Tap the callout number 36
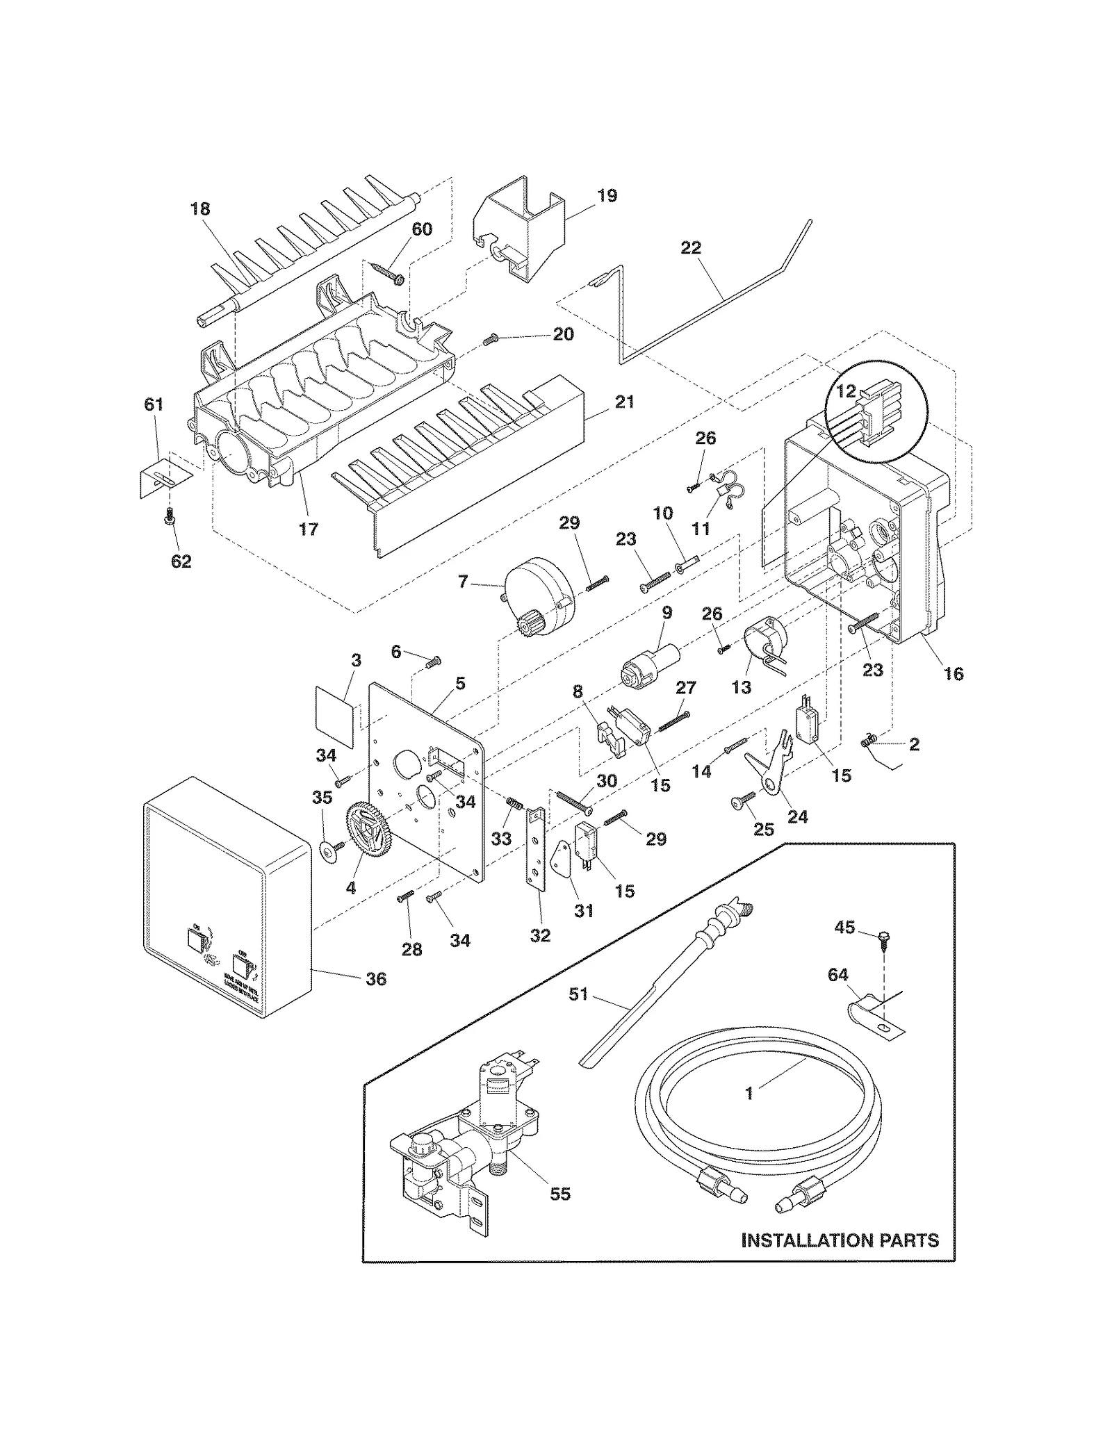point(375,979)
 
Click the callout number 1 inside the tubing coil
point(749,1094)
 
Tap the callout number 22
point(691,248)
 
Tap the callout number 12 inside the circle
point(846,391)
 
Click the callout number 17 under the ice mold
point(308,529)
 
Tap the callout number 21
point(624,402)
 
